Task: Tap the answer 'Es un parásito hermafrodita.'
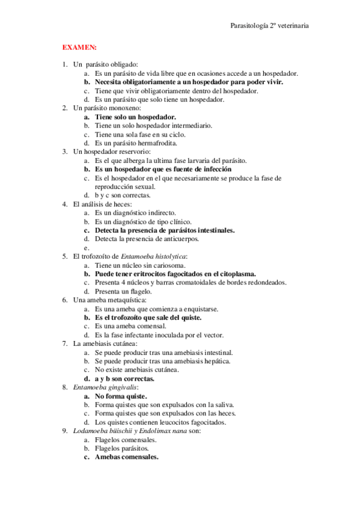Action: [135, 143]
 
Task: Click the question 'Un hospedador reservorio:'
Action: [112, 152]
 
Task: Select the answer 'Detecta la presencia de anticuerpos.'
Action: [147, 239]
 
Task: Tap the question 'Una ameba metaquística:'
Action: [109, 300]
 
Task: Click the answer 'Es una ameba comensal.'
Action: [126, 327]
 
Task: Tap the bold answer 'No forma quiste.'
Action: [121, 397]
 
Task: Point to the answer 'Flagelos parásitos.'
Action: [123, 448]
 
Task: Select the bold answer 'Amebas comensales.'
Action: [126, 457]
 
